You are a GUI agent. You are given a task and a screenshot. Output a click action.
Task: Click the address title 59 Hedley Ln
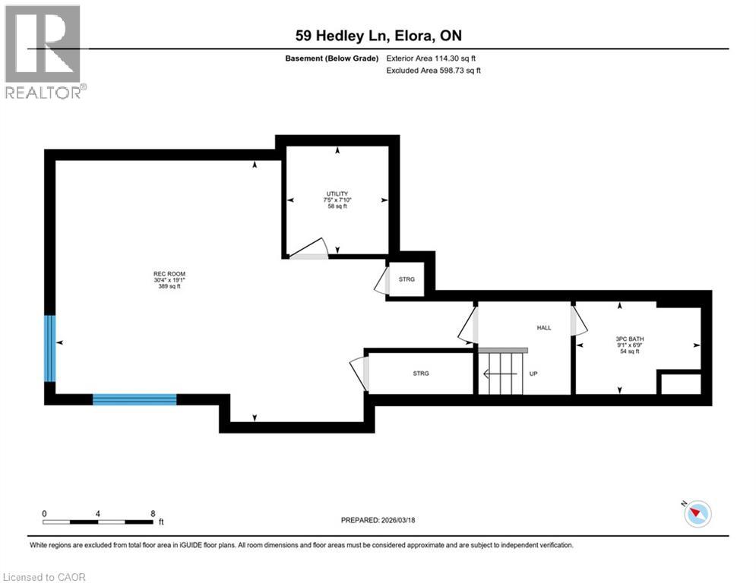pos(378,36)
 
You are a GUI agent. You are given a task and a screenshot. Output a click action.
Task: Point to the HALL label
pos(544,327)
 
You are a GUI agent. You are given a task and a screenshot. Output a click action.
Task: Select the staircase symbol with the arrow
pos(502,372)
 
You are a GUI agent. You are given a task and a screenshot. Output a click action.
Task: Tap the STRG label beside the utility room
pos(407,280)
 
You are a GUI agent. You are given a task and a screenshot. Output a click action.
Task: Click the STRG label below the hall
pos(421,373)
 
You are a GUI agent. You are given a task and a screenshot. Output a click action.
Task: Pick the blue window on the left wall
pos(49,348)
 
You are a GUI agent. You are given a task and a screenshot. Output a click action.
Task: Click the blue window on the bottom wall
pos(134,399)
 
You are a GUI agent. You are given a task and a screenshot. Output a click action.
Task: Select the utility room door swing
pos(307,248)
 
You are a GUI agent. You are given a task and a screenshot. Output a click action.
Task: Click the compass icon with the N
pos(696,514)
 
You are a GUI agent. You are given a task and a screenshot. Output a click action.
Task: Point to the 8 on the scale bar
pos(153,513)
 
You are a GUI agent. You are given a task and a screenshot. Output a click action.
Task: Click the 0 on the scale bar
pos(44,513)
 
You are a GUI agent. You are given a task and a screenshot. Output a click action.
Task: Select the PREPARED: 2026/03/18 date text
pos(378,520)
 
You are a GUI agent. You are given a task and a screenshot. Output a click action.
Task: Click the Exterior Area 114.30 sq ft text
pos(432,58)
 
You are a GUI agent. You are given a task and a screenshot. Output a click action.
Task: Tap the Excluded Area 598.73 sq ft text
pos(434,70)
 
